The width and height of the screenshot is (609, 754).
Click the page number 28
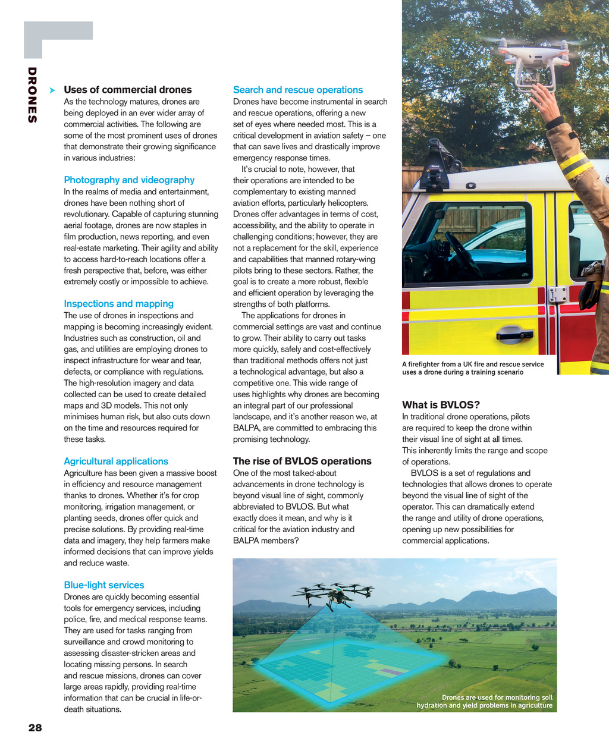(35, 727)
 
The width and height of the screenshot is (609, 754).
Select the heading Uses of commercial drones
(127, 90)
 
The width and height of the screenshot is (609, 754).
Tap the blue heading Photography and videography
(129, 180)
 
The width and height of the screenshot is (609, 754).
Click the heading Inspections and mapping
(118, 303)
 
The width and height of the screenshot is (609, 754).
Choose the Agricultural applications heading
(116, 461)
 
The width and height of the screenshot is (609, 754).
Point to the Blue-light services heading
(103, 585)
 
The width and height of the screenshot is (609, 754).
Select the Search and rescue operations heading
(297, 90)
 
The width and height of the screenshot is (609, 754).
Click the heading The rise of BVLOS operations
(302, 461)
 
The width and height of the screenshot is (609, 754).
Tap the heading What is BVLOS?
(441, 405)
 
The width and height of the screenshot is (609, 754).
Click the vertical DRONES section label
(32, 95)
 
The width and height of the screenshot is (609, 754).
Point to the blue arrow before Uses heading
(52, 90)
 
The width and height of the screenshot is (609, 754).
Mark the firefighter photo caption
(473, 368)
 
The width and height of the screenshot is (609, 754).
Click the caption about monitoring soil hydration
(485, 701)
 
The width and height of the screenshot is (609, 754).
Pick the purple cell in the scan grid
(390, 671)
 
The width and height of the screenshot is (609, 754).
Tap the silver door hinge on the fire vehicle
(557, 294)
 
